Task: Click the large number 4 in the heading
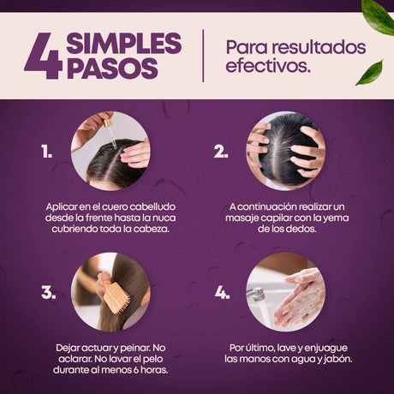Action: [44, 56]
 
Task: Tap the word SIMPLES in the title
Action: [124, 43]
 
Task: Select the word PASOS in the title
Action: [112, 69]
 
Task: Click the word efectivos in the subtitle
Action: [268, 65]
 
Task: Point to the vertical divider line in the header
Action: [203, 56]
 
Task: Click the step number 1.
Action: [46, 151]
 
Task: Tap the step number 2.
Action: [221, 151]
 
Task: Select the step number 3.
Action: [49, 292]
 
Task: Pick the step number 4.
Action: [222, 292]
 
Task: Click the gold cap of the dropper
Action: [107, 122]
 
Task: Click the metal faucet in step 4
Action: [256, 294]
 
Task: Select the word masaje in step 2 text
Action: [242, 218]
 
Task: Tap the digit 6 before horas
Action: [135, 370]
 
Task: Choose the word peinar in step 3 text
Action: [135, 348]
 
